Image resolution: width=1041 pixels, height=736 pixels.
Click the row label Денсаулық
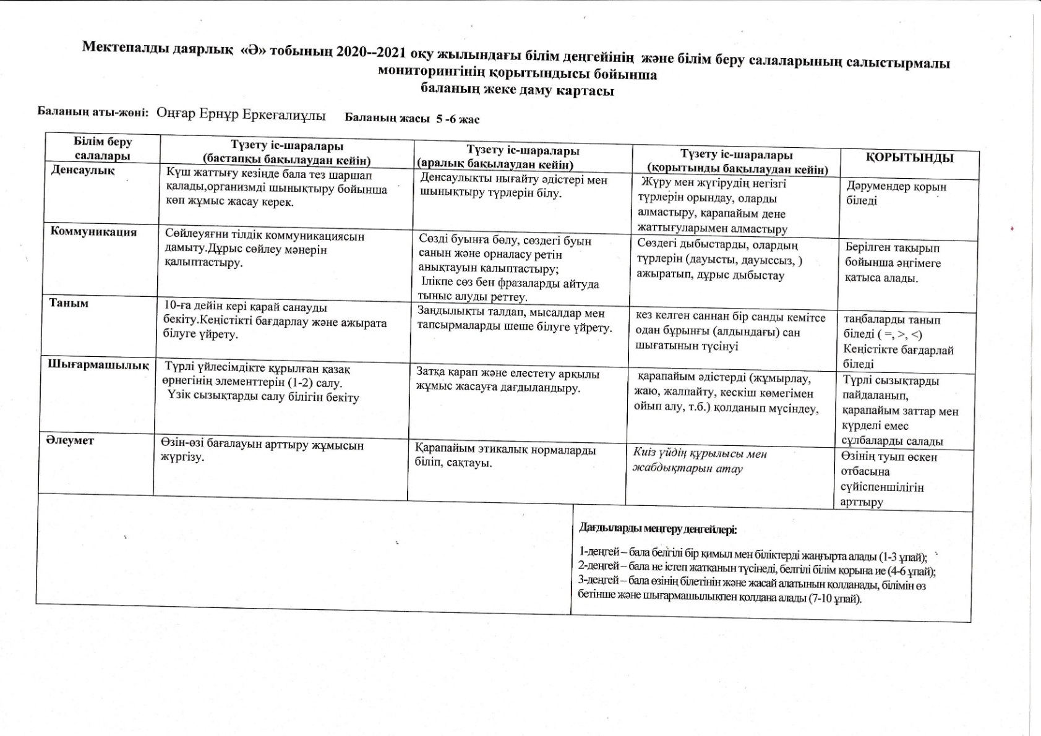point(82,170)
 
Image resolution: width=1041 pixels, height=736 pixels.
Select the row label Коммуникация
point(93,232)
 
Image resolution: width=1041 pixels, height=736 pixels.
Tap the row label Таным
point(69,303)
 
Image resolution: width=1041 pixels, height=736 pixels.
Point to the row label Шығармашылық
point(98,365)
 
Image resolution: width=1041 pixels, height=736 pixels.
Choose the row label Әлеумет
point(69,440)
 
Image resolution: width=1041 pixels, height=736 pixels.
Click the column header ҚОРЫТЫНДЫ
point(909,158)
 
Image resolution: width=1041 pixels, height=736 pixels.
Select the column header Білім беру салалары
point(103,148)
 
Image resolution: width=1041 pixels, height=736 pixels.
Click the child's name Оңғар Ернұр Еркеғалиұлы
point(241,114)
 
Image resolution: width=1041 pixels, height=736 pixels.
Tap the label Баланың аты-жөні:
point(93,112)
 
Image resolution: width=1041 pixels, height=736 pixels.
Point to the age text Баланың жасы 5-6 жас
point(412,119)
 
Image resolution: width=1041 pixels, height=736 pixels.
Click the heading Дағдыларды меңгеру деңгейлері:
point(658,529)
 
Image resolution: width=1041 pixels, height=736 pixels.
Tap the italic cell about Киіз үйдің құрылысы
point(700,461)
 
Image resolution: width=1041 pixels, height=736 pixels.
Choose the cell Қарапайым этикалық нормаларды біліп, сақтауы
point(505,456)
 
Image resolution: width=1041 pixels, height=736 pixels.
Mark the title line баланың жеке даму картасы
point(517,91)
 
